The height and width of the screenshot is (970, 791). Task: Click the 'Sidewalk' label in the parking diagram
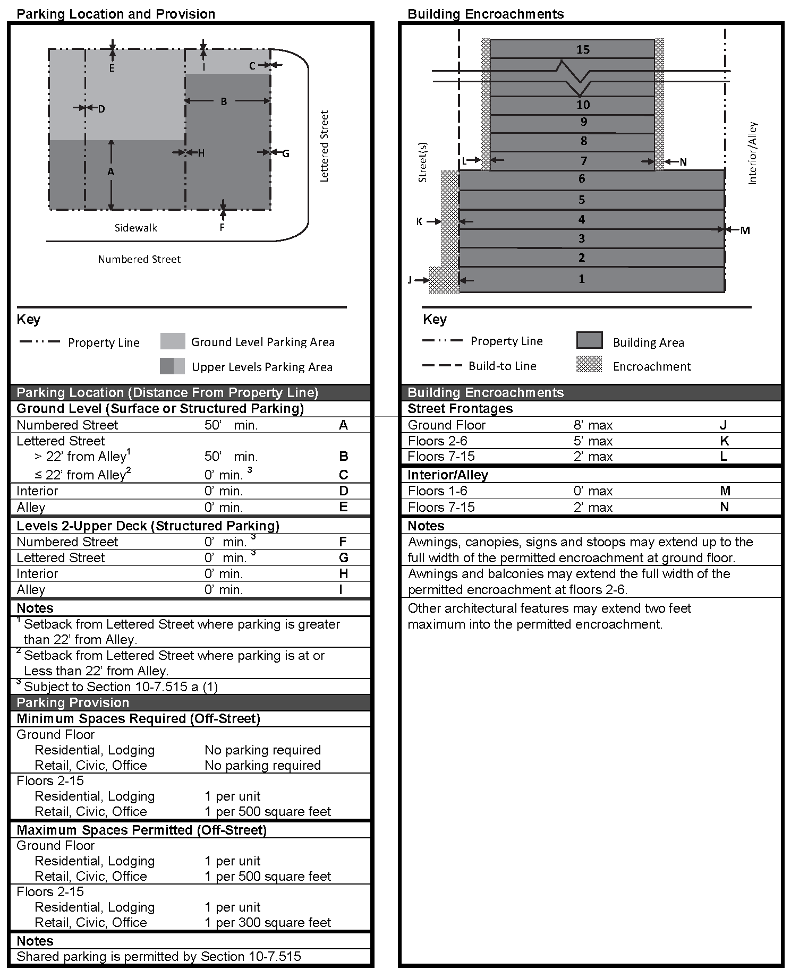tap(136, 228)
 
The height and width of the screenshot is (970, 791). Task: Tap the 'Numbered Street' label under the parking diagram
tap(139, 259)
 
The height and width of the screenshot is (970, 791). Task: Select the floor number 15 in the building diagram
tap(583, 49)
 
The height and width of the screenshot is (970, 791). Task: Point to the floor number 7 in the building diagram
tap(583, 160)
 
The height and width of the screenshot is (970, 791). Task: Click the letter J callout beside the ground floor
tap(410, 280)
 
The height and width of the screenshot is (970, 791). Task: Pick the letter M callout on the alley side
tap(745, 230)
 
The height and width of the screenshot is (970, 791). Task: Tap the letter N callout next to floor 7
tap(683, 162)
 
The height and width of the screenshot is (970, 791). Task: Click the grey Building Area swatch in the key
tap(589, 340)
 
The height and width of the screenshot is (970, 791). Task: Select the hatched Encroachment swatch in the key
tap(589, 365)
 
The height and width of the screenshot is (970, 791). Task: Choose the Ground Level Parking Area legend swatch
tap(173, 341)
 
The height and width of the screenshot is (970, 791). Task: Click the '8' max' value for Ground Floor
tap(593, 425)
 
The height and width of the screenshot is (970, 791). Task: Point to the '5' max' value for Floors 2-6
tap(593, 441)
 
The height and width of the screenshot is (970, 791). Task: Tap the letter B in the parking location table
tap(343, 457)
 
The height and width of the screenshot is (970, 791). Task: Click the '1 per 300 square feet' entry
tap(268, 922)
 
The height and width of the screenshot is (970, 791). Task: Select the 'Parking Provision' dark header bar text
tap(73, 702)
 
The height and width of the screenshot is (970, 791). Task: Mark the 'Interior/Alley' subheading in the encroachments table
tap(447, 475)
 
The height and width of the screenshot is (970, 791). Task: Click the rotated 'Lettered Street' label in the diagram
tap(324, 146)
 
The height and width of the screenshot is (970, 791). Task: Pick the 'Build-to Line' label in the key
tap(502, 366)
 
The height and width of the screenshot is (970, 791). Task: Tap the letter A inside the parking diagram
tap(110, 171)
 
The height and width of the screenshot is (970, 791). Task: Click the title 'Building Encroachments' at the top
tap(486, 14)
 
